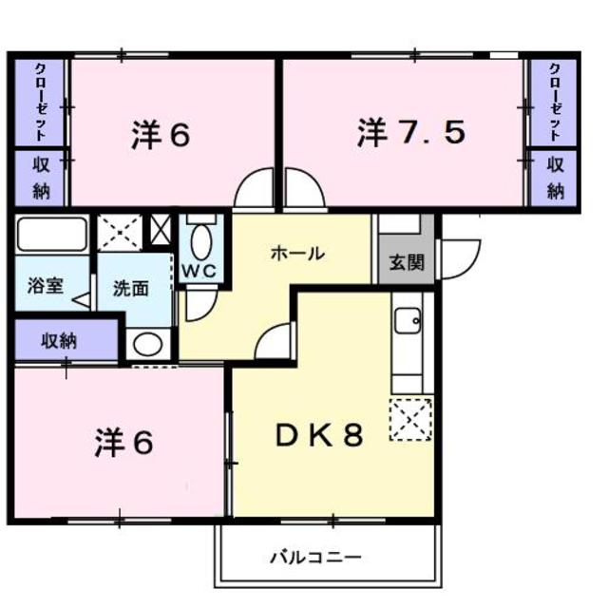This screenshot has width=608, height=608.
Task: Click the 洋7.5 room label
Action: click(x=411, y=133)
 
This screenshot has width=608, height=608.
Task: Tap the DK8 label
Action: click(x=319, y=435)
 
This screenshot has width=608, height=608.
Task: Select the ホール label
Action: click(x=297, y=254)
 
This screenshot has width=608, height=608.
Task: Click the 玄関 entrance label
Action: click(x=407, y=262)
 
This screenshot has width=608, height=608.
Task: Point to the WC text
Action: click(x=199, y=271)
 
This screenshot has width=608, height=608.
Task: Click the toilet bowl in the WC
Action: click(x=201, y=243)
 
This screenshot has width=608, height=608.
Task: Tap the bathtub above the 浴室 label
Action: click(x=52, y=235)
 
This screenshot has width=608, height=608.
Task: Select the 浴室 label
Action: click(x=46, y=286)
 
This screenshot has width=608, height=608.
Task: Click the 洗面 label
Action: click(x=131, y=289)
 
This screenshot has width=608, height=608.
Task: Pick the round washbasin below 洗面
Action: click(x=148, y=344)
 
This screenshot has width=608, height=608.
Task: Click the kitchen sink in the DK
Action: click(x=408, y=321)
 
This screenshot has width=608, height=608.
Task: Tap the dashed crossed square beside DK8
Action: click(x=410, y=420)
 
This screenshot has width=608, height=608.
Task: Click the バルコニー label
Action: click(x=315, y=558)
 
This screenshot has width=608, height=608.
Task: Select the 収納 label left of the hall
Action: click(x=59, y=341)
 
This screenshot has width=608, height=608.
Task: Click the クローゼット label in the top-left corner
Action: click(x=40, y=103)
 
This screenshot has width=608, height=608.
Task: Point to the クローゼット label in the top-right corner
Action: click(x=555, y=102)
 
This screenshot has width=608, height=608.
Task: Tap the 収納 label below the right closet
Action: click(x=555, y=179)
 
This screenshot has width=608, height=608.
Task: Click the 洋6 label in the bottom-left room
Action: click(x=124, y=443)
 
